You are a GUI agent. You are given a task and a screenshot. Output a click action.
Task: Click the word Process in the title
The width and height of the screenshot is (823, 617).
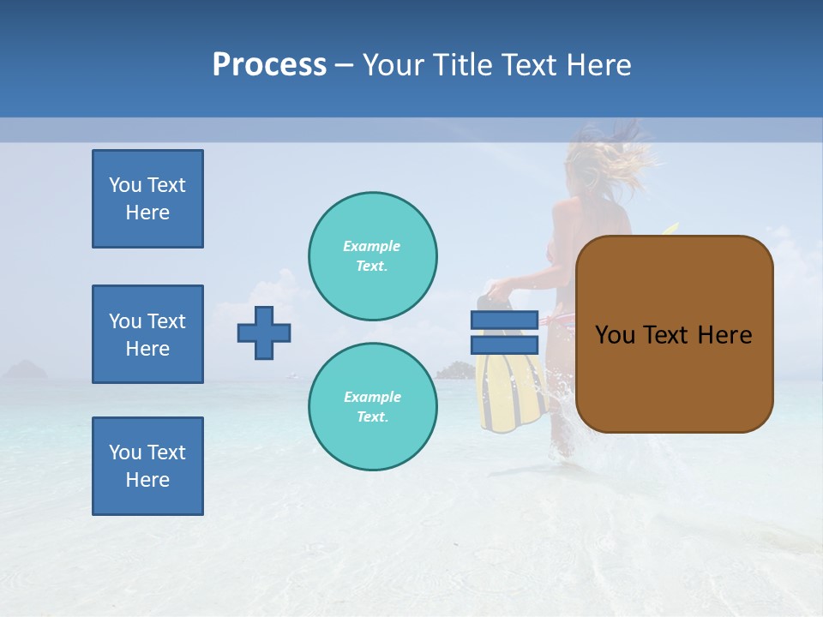point(269,65)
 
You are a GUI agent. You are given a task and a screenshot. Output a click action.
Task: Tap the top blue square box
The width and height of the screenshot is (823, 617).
point(147,199)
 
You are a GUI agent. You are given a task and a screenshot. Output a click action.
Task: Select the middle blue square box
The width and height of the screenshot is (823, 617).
point(147,334)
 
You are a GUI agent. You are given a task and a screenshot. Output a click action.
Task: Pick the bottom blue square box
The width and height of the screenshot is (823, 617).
point(147,466)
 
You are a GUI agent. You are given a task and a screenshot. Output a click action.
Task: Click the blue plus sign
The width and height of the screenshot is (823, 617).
point(264,332)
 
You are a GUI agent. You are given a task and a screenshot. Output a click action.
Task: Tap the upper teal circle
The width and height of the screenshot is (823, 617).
point(373,256)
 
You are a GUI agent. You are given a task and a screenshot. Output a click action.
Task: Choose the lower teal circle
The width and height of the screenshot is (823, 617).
point(373,407)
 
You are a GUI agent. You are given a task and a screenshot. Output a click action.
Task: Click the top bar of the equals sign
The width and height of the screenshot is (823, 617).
point(504,320)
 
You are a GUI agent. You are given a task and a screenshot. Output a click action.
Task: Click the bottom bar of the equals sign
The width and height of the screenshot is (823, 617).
point(504,344)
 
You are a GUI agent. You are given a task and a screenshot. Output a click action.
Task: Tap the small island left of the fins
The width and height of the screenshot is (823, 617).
point(452,371)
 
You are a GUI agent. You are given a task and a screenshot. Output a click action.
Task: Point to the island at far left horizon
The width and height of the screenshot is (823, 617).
point(26,370)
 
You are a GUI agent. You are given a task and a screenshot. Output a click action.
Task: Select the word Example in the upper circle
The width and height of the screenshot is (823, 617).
point(372,246)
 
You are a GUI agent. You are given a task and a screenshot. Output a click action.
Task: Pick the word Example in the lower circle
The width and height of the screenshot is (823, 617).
point(372,397)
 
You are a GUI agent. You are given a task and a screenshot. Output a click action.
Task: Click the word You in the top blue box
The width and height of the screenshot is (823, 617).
point(125,185)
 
